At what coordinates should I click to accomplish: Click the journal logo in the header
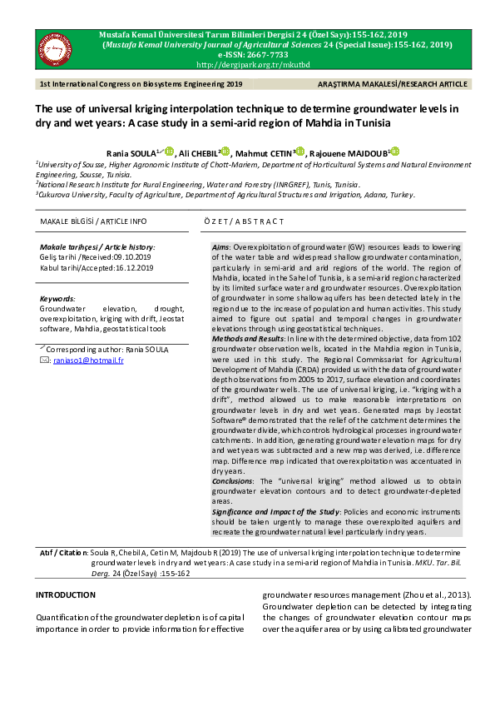point(56,49)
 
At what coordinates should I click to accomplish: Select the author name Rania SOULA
point(131,152)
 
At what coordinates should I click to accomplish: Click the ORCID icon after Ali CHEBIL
point(225,152)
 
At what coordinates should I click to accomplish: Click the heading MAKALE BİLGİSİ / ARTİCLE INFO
point(93,221)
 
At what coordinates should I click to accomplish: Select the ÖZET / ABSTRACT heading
point(244,221)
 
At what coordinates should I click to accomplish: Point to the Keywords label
point(57,297)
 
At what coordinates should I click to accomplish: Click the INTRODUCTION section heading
point(65,595)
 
